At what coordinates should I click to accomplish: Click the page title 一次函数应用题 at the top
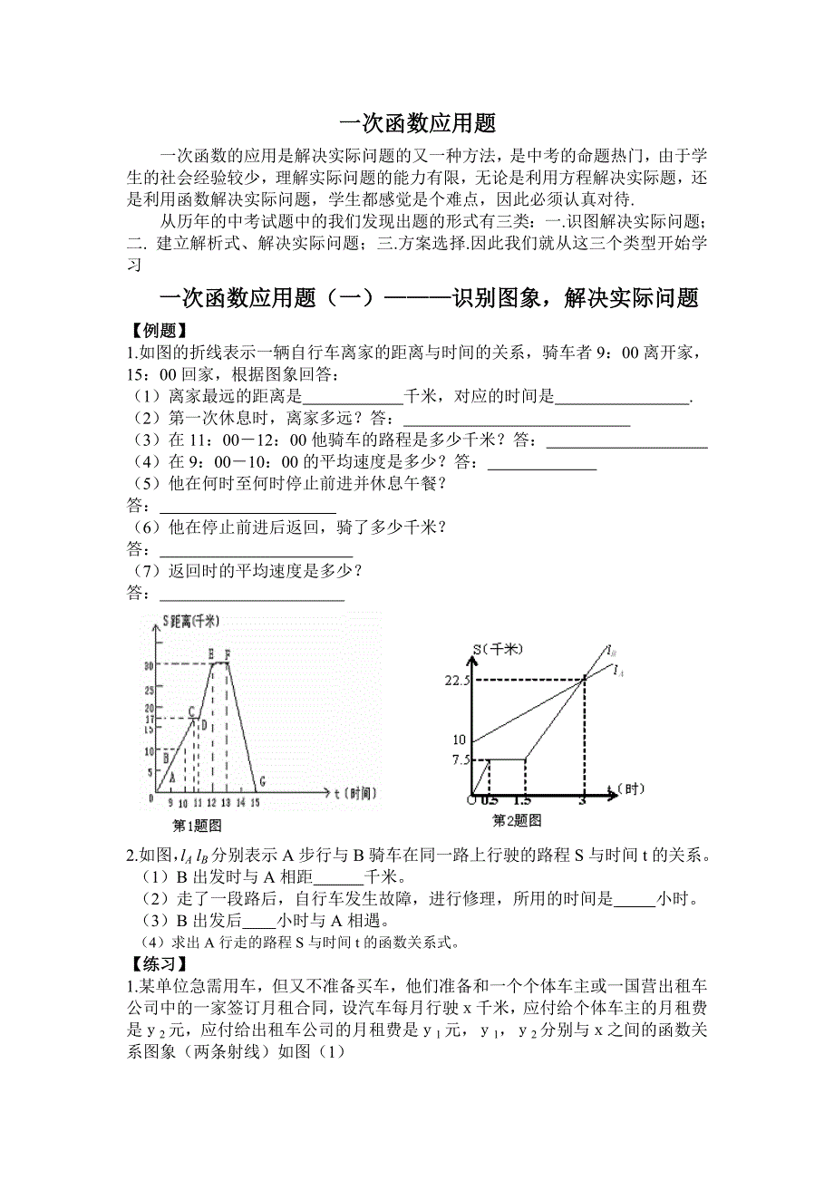(417, 124)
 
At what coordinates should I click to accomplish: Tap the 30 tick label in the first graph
(149, 665)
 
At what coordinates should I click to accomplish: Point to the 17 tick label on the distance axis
(149, 719)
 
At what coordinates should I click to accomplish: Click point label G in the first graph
(262, 781)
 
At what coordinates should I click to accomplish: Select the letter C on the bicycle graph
(192, 711)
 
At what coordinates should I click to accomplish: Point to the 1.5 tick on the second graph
(522, 801)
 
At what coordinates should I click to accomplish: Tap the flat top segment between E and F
(219, 663)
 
